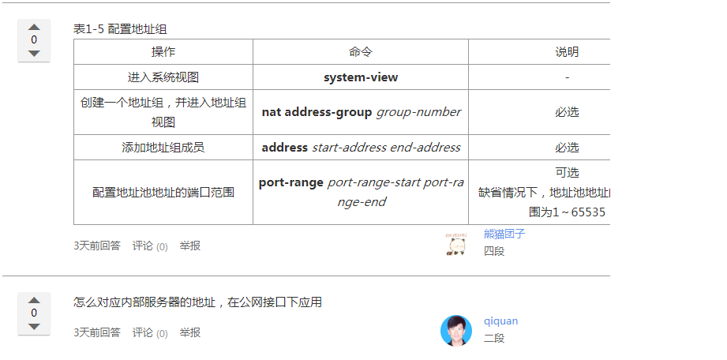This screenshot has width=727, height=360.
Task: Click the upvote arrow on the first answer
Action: click(x=34, y=27)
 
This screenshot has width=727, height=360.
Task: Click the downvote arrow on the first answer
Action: click(x=34, y=53)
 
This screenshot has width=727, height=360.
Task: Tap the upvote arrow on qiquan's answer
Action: click(x=34, y=300)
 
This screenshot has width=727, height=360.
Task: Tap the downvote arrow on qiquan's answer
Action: click(x=34, y=326)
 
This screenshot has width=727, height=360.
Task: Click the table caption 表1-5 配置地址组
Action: click(x=120, y=29)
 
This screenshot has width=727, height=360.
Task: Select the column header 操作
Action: click(x=163, y=52)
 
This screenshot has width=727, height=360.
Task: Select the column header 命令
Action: click(x=361, y=52)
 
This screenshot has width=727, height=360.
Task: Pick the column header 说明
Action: click(x=567, y=52)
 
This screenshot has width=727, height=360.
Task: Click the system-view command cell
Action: click(x=361, y=77)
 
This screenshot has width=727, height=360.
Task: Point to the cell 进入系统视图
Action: click(x=163, y=77)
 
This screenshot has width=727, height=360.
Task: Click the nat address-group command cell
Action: click(x=361, y=112)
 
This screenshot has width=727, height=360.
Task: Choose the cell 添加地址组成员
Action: click(x=163, y=148)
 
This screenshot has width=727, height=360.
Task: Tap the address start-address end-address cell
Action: click(x=361, y=148)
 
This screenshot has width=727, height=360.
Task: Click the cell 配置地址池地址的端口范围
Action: click(x=163, y=192)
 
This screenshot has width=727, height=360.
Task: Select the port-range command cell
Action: click(x=361, y=192)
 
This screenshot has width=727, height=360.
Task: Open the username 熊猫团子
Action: click(x=504, y=234)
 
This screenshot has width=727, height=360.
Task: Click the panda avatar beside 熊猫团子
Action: click(x=455, y=246)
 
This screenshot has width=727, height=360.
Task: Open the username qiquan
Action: click(x=501, y=321)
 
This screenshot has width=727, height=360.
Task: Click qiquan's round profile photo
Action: click(x=455, y=331)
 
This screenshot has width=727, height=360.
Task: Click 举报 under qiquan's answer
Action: click(x=189, y=333)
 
